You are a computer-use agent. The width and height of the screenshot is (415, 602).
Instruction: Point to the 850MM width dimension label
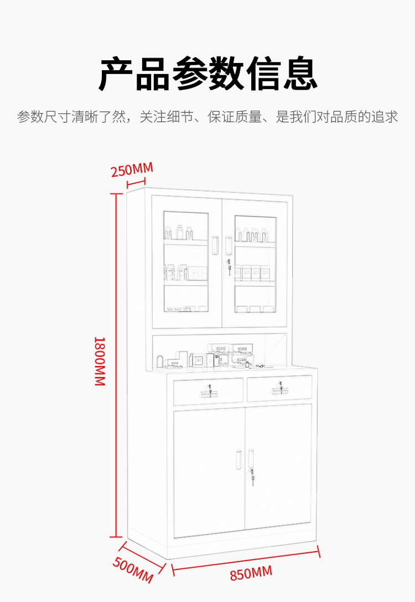tap(251, 573)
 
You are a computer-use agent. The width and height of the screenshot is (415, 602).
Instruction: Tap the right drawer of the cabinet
tap(279, 389)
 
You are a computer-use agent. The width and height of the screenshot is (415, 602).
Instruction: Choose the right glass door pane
tap(255, 263)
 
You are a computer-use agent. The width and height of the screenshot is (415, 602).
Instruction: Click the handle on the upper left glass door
tap(215, 246)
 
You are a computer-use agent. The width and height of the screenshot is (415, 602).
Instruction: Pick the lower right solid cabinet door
tap(278, 467)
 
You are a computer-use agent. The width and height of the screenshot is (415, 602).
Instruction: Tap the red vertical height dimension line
tap(116, 365)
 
